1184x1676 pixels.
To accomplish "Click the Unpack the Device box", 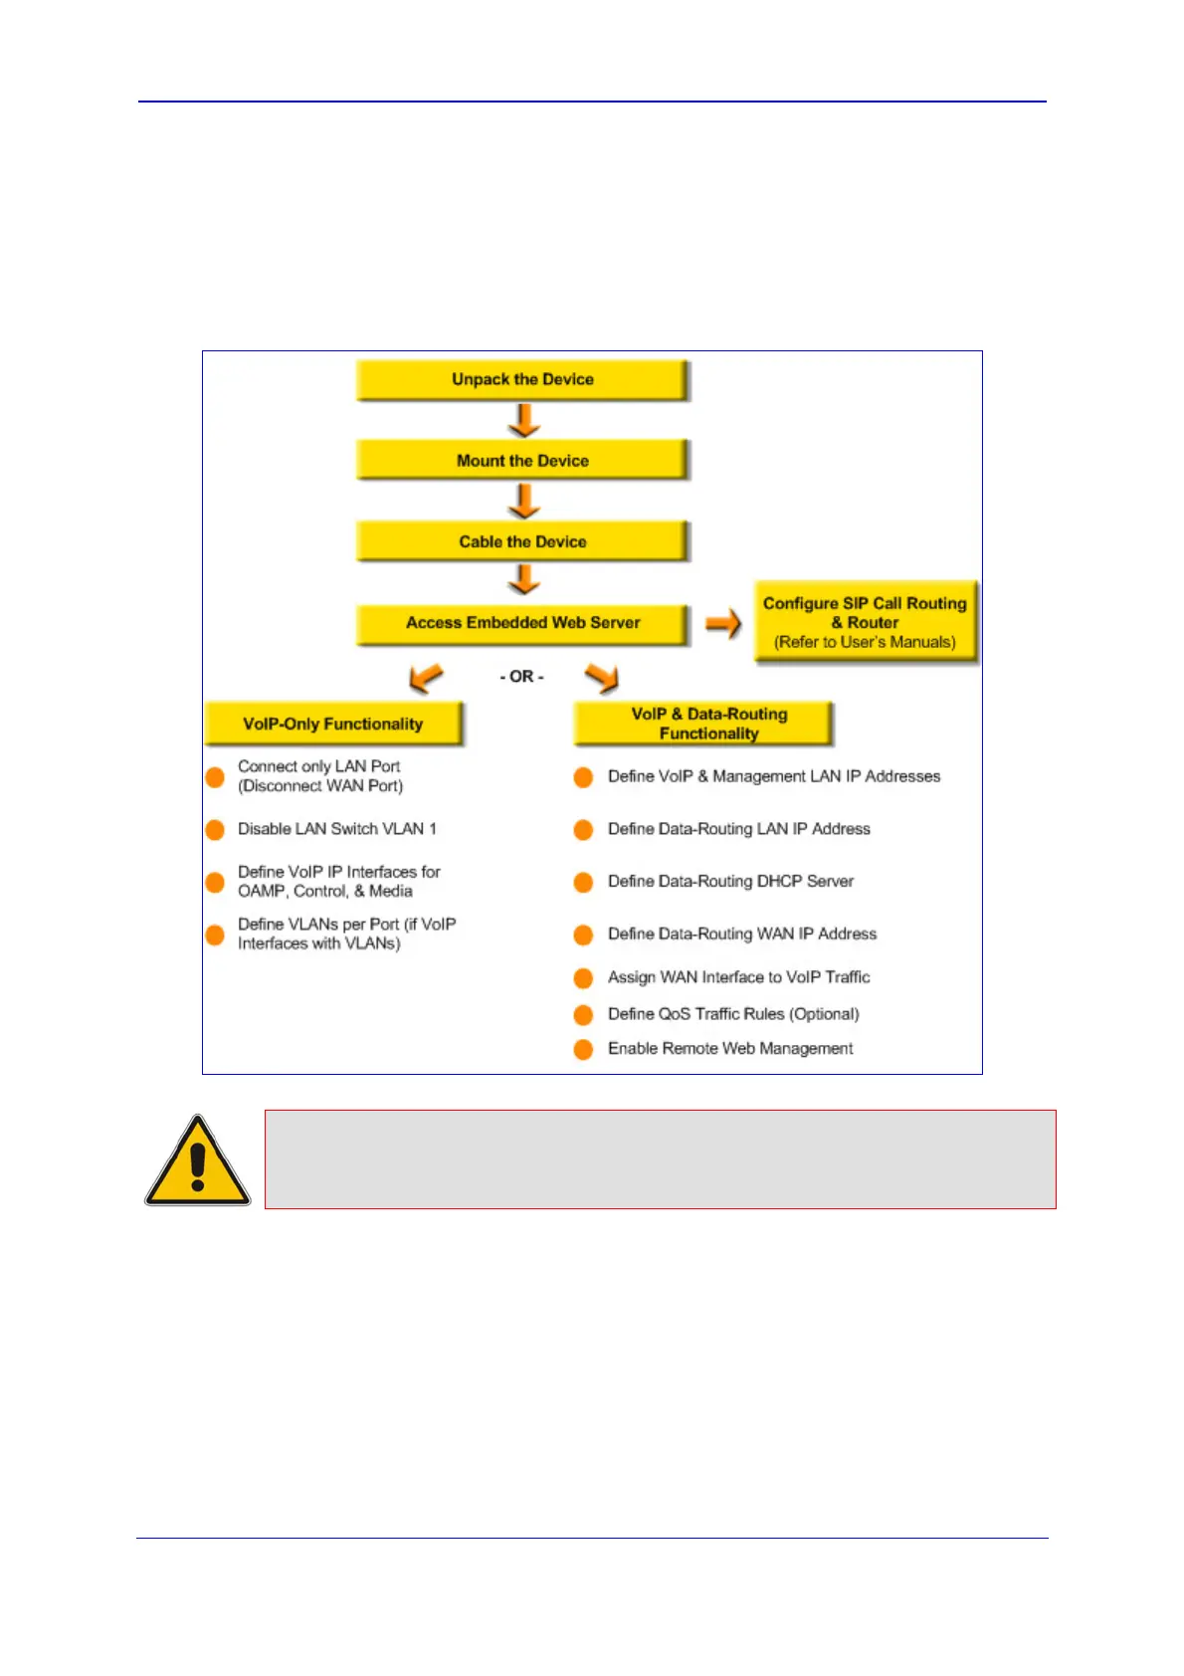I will (522, 380).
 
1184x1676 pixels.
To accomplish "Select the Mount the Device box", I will (522, 461).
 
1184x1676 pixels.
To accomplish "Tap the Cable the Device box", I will (522, 542).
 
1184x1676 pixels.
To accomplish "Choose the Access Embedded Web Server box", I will (522, 624).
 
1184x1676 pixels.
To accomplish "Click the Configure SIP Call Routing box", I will (865, 622).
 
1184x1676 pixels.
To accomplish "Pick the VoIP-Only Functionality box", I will (333, 725).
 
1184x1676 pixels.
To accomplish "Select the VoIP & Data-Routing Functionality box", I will (702, 724).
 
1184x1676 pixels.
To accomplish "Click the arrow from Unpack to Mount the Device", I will (523, 421).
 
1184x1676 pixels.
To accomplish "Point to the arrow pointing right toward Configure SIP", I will (723, 624).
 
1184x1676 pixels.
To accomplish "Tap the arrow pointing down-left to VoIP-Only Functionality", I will (426, 678).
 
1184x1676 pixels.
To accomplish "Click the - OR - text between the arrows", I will (521, 677).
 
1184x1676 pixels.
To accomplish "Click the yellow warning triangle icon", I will (198, 1161).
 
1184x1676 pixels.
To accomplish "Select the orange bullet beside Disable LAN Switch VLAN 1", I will (215, 829).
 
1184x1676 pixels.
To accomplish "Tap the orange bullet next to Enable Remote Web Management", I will (584, 1049).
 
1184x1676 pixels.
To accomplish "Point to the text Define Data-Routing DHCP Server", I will (730, 882).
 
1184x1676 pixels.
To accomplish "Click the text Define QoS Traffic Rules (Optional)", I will (733, 1014).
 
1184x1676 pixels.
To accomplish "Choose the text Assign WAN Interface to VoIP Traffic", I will (738, 977).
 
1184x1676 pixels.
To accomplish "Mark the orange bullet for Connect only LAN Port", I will (215, 777).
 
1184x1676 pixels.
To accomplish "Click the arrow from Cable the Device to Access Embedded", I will (523, 580).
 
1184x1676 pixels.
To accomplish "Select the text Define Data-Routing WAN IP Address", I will (742, 935).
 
